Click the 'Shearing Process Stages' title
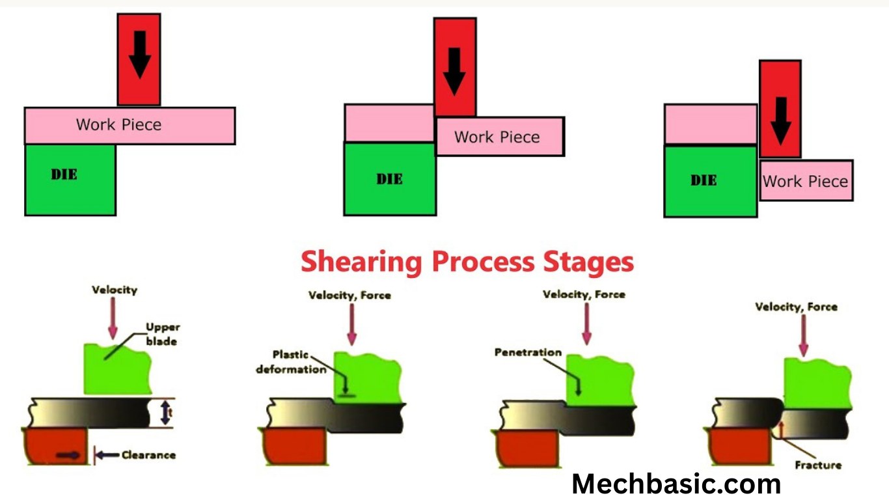click(467, 262)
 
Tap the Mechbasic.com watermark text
click(676, 484)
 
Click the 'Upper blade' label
click(162, 334)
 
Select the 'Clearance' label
click(148, 455)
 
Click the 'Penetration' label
click(527, 352)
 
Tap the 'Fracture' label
click(818, 465)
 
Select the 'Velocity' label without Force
click(115, 290)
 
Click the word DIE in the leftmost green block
click(64, 174)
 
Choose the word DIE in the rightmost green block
click(703, 180)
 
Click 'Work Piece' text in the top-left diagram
click(118, 124)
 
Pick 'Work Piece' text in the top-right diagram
click(805, 181)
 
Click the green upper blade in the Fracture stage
click(817, 384)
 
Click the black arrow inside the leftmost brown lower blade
click(68, 455)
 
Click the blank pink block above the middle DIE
click(389, 122)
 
